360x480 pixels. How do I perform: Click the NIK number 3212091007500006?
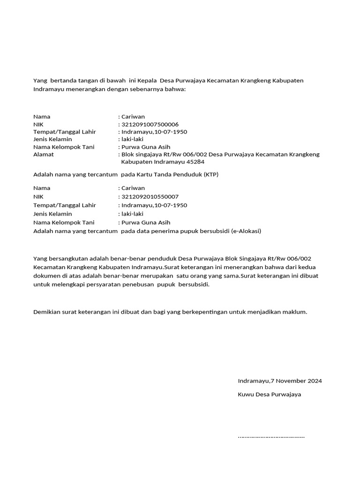click(x=150, y=124)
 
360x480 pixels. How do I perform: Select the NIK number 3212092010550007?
click(x=150, y=197)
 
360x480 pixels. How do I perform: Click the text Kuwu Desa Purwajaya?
click(x=270, y=394)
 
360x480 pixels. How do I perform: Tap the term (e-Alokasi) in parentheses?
click(x=245, y=231)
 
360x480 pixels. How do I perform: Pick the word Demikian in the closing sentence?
click(x=47, y=312)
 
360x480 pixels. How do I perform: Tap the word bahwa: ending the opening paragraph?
click(x=176, y=89)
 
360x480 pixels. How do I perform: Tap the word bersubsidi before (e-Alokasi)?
click(x=212, y=231)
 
